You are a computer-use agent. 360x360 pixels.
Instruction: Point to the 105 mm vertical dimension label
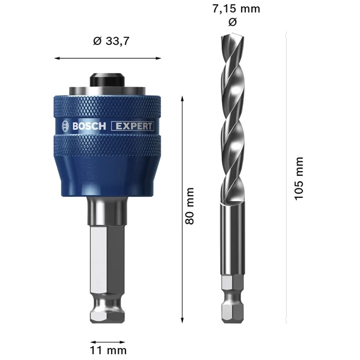tap(298, 179)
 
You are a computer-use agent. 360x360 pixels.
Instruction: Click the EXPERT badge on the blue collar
tap(134, 126)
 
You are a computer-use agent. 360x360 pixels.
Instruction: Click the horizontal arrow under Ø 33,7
tap(108, 58)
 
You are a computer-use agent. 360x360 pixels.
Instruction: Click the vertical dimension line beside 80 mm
tap(182, 207)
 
